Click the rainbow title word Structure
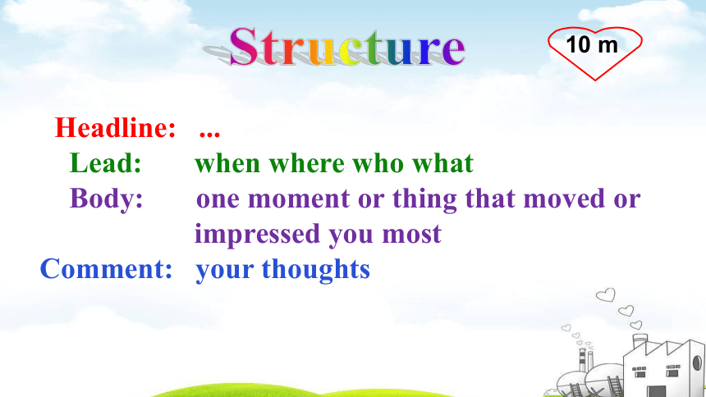347,47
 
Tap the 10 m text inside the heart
592,44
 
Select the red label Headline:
115,127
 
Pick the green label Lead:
105,163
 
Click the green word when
227,163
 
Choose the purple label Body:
106,198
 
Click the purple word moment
299,199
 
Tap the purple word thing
424,200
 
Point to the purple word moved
564,198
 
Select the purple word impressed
258,235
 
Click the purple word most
411,235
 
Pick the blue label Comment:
106,269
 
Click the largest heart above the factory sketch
606,295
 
